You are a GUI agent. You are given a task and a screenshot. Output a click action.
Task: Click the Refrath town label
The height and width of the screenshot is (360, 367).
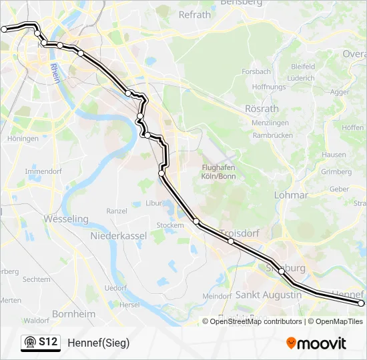pyautogui.click(x=195, y=14)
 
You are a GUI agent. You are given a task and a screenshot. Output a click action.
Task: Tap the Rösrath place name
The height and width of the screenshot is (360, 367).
pyautogui.click(x=262, y=108)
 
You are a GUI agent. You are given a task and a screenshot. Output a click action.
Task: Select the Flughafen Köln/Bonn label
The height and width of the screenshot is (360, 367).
pyautogui.click(x=219, y=172)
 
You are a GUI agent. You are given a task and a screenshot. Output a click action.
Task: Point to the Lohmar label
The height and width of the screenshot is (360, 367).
pyautogui.click(x=291, y=195)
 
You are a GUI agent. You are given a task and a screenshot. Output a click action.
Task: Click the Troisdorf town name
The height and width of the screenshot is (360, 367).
pyautogui.click(x=238, y=233)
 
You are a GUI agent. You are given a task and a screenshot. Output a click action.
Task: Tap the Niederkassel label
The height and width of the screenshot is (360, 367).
pyautogui.click(x=118, y=236)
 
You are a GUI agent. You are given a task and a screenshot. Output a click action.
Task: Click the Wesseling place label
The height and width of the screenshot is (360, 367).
pyautogui.click(x=65, y=219)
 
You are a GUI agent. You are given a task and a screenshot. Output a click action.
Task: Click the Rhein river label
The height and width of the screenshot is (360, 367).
pyautogui.click(x=55, y=73)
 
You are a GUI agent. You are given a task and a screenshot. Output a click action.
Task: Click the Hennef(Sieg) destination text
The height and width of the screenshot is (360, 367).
pyautogui.click(x=99, y=343)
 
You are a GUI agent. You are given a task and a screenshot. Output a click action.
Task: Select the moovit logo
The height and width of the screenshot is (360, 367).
pyautogui.click(x=316, y=343)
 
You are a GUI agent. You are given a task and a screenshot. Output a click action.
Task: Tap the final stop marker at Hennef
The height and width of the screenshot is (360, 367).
pyautogui.click(x=362, y=303)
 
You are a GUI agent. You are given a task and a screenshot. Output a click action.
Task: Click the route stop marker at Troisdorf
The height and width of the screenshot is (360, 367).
pyautogui.click(x=231, y=241)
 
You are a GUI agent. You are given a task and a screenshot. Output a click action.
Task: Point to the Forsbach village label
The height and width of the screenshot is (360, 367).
pyautogui.click(x=256, y=71)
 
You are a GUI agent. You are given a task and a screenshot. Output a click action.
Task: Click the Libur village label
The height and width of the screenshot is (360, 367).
pyautogui.click(x=154, y=202)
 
